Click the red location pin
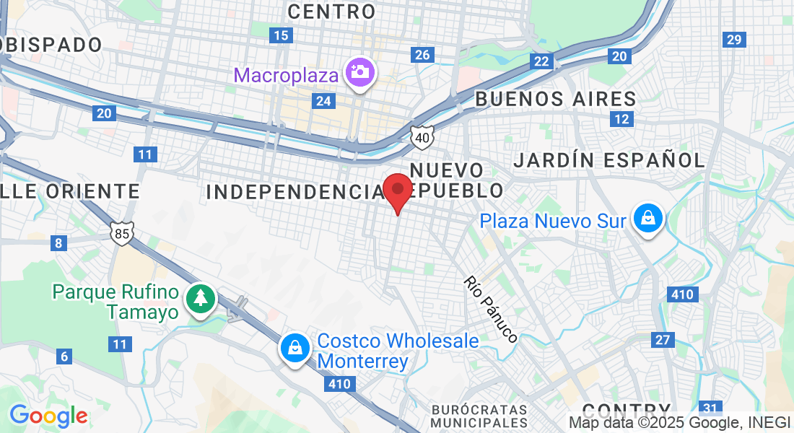pos(397,192)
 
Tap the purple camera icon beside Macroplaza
pos(359,73)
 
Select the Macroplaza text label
pos(287,75)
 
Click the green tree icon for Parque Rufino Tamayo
pos(200,298)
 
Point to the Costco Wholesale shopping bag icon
pos(295,349)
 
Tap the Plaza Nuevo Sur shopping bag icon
pos(647,217)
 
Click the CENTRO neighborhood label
pos(331,12)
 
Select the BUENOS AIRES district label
pos(555,99)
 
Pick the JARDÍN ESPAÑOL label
pos(608,160)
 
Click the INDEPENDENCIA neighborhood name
pos(294,191)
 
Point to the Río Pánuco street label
pos(492,309)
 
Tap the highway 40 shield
pos(422,135)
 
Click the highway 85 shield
pos(122,232)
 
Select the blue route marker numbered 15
pos(280,35)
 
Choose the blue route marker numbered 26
pos(422,55)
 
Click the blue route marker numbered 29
pos(735,40)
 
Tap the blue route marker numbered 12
pos(620,119)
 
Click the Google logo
pos(48,416)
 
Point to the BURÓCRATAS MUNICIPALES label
pos(479,416)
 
